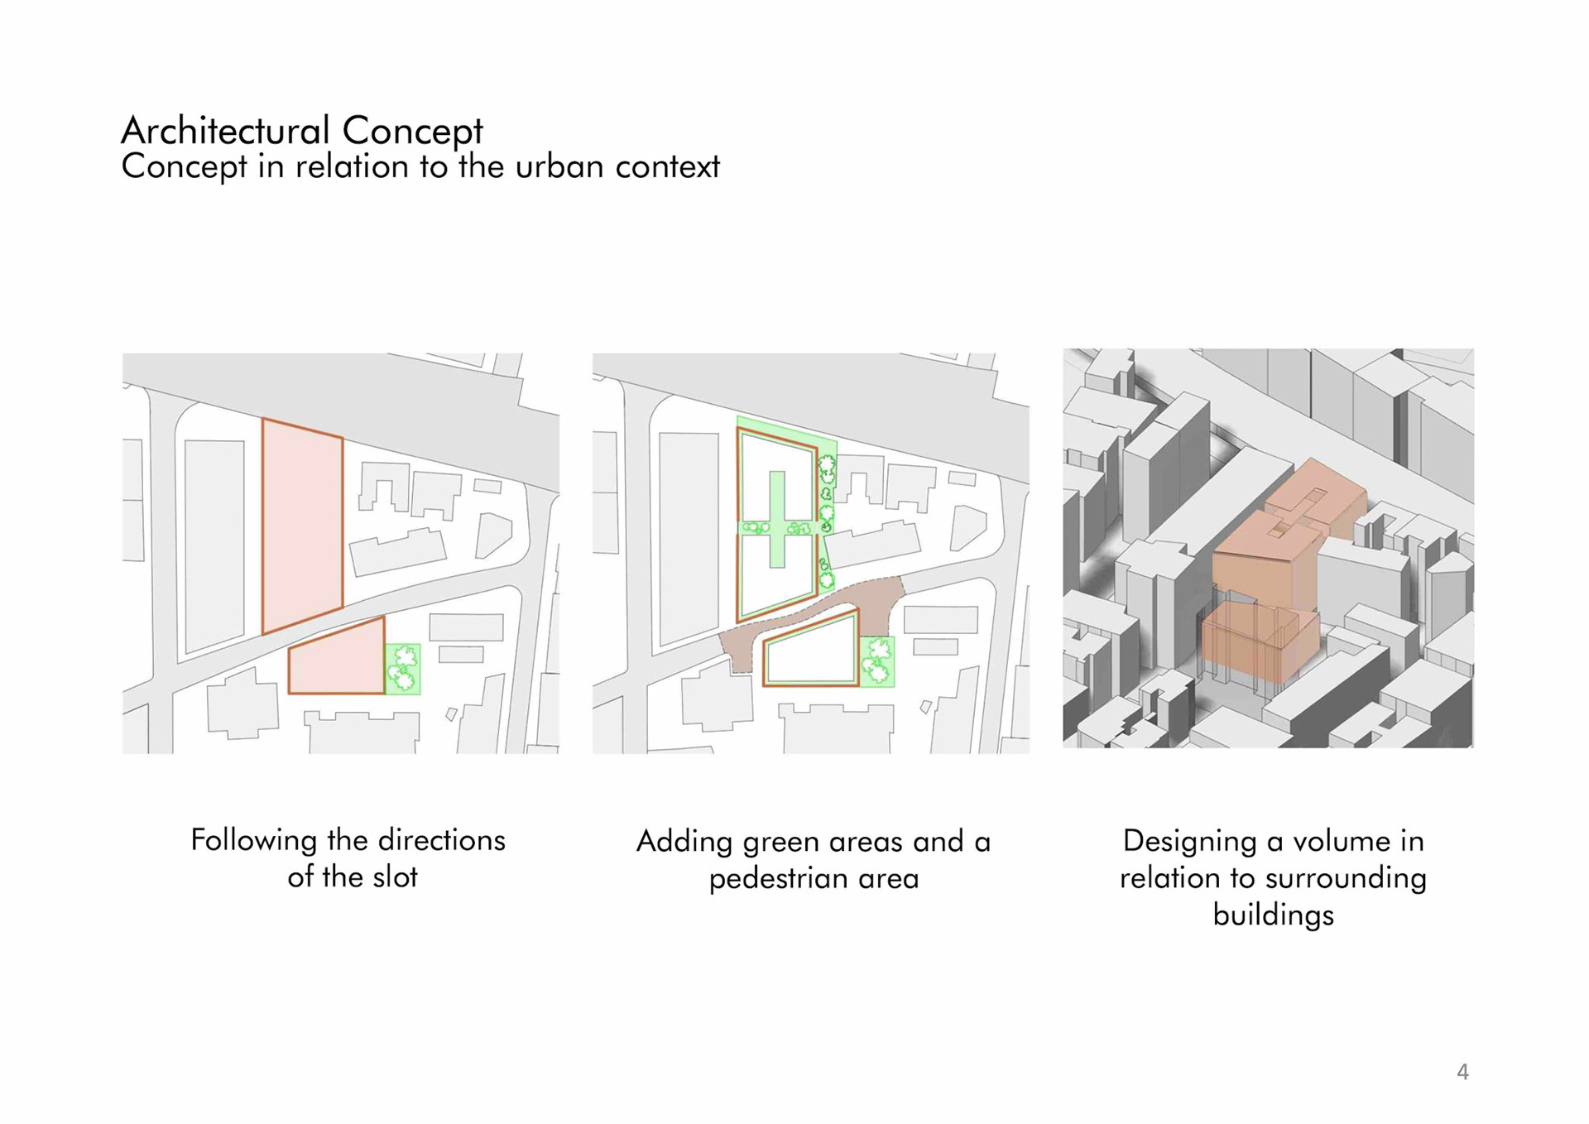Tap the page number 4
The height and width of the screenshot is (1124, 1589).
[x=1462, y=1073]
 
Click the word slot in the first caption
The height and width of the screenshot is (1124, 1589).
[x=395, y=877]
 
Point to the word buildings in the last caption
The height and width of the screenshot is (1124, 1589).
[x=1273, y=915]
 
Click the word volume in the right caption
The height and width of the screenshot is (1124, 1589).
[x=1341, y=841]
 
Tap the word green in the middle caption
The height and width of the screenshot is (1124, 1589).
[x=780, y=843]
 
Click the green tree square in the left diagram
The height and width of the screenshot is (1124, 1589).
[x=403, y=669]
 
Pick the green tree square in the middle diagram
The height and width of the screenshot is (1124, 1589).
[x=877, y=660]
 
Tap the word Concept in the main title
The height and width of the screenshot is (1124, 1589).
[x=412, y=131]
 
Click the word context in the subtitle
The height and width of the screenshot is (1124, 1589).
[x=667, y=167]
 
